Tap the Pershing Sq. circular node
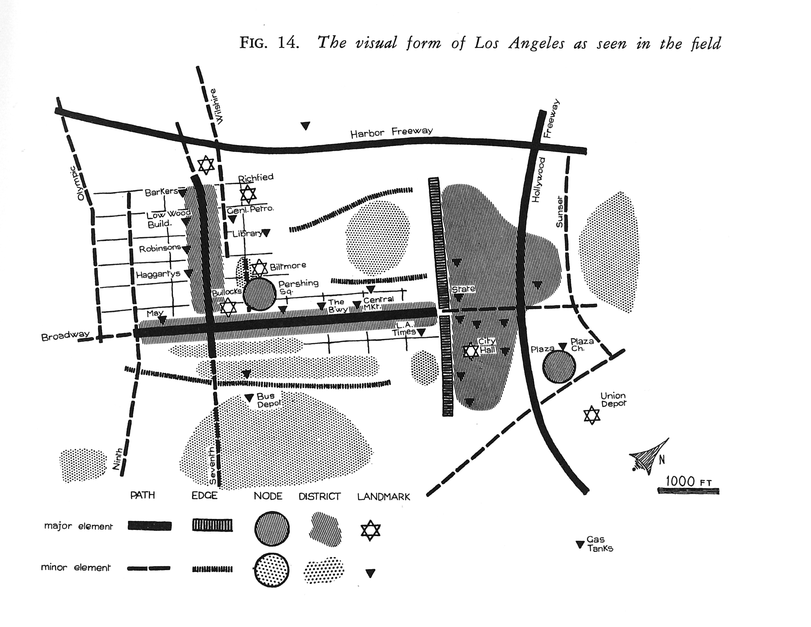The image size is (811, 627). click(x=259, y=294)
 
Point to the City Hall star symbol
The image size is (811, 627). click(x=471, y=351)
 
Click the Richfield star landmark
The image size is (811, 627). click(x=248, y=194)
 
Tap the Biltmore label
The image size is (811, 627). click(x=288, y=266)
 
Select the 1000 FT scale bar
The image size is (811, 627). click(x=688, y=491)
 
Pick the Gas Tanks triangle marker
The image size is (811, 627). click(x=580, y=545)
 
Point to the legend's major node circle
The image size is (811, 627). click(x=272, y=529)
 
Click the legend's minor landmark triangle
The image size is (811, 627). click(x=370, y=573)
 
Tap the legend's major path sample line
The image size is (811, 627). click(x=150, y=526)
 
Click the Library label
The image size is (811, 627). click(x=247, y=234)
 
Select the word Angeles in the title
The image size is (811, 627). click(x=537, y=44)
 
